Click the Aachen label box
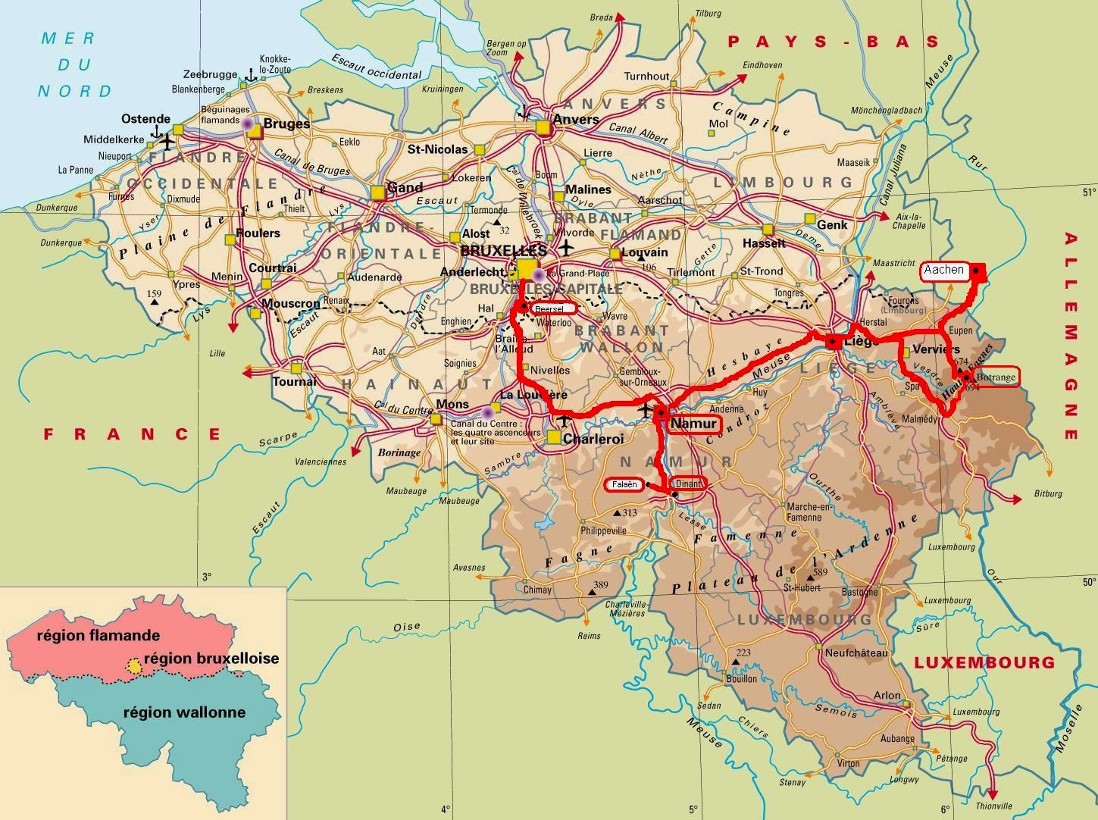tap(943, 271)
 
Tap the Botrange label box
tap(995, 377)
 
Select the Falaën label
tap(623, 484)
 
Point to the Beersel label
tap(552, 308)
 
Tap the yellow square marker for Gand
tap(378, 192)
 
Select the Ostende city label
tap(145, 119)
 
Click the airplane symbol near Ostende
tap(167, 142)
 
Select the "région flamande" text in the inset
tap(99, 635)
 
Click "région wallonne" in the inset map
tap(184, 712)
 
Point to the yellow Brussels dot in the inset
tap(134, 666)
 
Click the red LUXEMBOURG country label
tap(984, 662)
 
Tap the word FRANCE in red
tap(132, 434)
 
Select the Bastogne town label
tap(860, 592)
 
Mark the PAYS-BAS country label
tap(833, 42)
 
